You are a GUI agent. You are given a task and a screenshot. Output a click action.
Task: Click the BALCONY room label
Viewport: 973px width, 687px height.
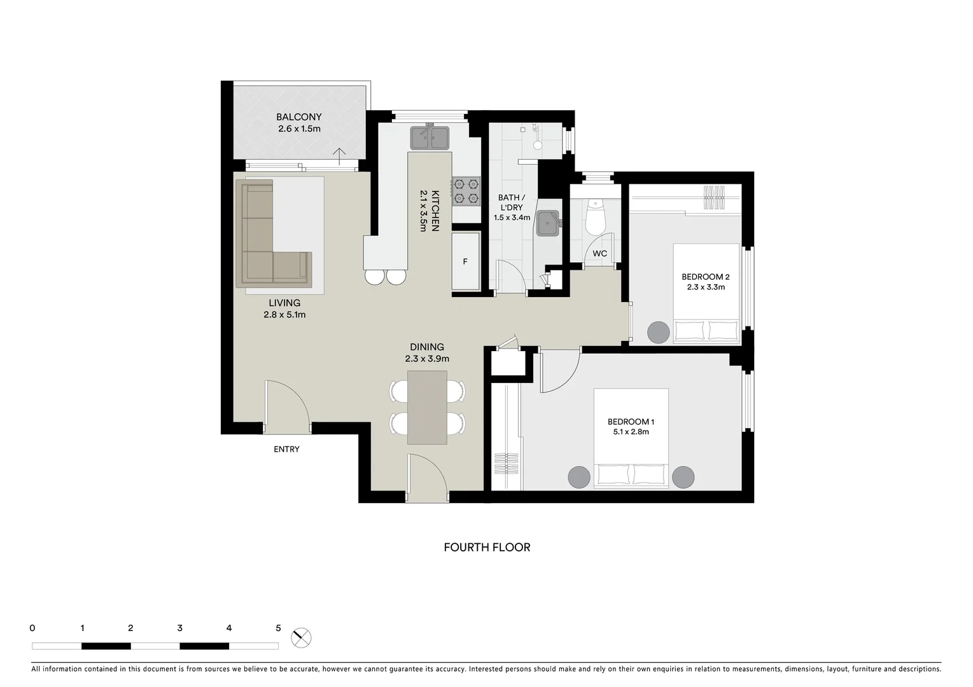pyautogui.click(x=298, y=117)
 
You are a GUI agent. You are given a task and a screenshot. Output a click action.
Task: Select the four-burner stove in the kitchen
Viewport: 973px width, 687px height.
pyautogui.click(x=465, y=191)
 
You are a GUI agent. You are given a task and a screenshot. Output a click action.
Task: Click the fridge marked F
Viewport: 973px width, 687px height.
pyautogui.click(x=465, y=261)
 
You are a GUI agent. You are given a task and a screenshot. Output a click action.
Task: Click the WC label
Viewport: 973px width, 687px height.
pyautogui.click(x=599, y=254)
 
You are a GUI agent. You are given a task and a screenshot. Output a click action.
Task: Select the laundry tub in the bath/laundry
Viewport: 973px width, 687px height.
pyautogui.click(x=548, y=223)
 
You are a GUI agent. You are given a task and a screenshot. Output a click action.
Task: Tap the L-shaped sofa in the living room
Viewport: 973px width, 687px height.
pyautogui.click(x=267, y=242)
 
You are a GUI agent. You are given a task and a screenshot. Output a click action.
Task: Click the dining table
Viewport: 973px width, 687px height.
pyautogui.click(x=426, y=407)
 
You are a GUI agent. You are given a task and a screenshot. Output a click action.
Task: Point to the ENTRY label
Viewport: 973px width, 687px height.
pyautogui.click(x=286, y=449)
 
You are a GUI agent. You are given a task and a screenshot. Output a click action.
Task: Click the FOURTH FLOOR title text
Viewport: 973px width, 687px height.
pyautogui.click(x=487, y=547)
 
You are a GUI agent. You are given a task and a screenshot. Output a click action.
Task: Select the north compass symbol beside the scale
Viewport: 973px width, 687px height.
pyautogui.click(x=302, y=637)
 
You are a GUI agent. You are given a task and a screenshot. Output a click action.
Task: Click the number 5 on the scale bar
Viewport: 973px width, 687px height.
pyautogui.click(x=278, y=628)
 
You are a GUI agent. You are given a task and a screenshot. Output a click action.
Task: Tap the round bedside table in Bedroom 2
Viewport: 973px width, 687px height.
pyautogui.click(x=659, y=332)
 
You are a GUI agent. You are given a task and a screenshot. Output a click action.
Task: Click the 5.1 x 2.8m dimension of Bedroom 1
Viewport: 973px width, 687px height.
pyautogui.click(x=631, y=432)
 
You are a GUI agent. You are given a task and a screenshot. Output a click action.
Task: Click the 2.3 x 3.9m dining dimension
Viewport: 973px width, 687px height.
pyautogui.click(x=427, y=359)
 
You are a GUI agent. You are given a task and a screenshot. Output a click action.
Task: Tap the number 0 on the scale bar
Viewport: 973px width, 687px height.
pyautogui.click(x=32, y=628)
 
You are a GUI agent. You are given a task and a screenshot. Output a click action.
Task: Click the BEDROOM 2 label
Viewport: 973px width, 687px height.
pyautogui.click(x=705, y=277)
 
